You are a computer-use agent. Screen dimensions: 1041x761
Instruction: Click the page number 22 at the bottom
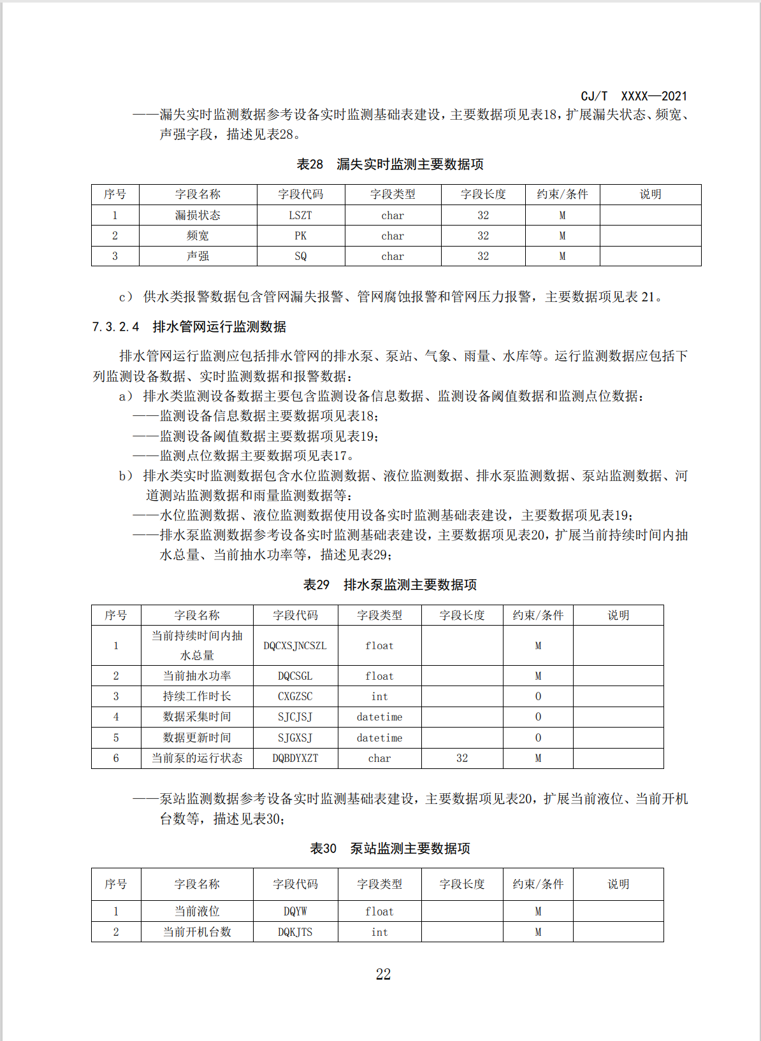click(x=383, y=974)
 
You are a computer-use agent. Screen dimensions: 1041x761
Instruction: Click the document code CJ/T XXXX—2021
click(x=634, y=96)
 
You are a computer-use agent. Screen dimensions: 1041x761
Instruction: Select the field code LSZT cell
click(x=300, y=215)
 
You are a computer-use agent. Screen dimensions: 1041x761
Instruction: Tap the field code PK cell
click(x=300, y=236)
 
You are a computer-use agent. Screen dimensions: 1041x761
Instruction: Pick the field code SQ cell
click(x=300, y=256)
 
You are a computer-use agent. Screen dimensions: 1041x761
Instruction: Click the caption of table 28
click(x=389, y=164)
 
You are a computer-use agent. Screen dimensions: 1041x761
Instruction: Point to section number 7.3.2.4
click(x=115, y=327)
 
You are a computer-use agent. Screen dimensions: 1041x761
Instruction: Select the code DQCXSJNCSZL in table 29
click(x=295, y=645)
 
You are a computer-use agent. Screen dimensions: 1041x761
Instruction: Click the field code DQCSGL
click(x=295, y=676)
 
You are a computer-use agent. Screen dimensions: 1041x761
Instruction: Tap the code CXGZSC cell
click(x=295, y=696)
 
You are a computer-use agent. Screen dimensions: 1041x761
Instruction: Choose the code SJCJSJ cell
click(x=295, y=717)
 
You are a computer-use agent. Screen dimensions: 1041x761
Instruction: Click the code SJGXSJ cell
click(x=295, y=738)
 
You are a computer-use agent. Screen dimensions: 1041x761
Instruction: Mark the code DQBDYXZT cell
click(x=295, y=758)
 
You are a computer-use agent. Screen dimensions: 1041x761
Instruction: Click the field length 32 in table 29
click(x=462, y=758)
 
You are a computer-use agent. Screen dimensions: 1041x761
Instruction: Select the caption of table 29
click(x=389, y=585)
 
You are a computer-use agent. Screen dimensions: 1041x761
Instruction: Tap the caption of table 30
click(x=389, y=849)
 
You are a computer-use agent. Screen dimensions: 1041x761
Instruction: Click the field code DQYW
click(x=295, y=912)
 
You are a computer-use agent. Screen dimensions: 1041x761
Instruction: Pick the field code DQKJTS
click(x=295, y=932)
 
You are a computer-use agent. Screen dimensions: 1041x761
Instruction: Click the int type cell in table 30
click(x=379, y=932)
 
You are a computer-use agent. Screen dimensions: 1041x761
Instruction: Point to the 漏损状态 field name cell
click(x=198, y=215)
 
